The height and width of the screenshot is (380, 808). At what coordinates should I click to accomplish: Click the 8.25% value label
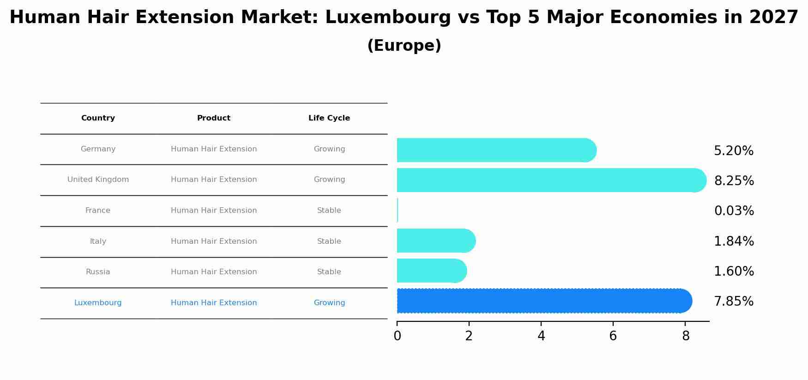pyautogui.click(x=734, y=181)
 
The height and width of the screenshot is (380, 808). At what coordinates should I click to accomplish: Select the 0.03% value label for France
pyautogui.click(x=734, y=211)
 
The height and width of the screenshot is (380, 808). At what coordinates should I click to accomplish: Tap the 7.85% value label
pyautogui.click(x=734, y=302)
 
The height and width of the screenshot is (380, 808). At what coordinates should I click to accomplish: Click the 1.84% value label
pyautogui.click(x=734, y=241)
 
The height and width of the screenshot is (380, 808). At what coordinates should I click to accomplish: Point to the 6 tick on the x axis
pyautogui.click(x=613, y=336)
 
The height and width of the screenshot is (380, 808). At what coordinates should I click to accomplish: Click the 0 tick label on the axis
pyautogui.click(x=397, y=336)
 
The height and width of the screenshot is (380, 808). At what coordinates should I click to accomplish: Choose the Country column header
pyautogui.click(x=98, y=118)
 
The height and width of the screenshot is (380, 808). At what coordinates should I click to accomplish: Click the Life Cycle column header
pyautogui.click(x=329, y=118)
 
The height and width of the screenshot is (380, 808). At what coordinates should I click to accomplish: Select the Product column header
pyautogui.click(x=214, y=118)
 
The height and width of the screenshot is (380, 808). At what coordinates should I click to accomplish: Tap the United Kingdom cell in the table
pyautogui.click(x=98, y=180)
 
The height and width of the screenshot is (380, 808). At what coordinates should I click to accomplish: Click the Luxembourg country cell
pyautogui.click(x=98, y=303)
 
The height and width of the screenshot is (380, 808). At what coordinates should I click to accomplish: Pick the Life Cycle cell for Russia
pyautogui.click(x=329, y=272)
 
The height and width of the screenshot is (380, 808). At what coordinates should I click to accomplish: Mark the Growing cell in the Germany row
pyautogui.click(x=329, y=149)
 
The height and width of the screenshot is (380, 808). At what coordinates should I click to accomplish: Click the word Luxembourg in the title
pyautogui.click(x=388, y=18)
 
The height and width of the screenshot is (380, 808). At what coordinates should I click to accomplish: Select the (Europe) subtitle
pyautogui.click(x=404, y=46)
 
